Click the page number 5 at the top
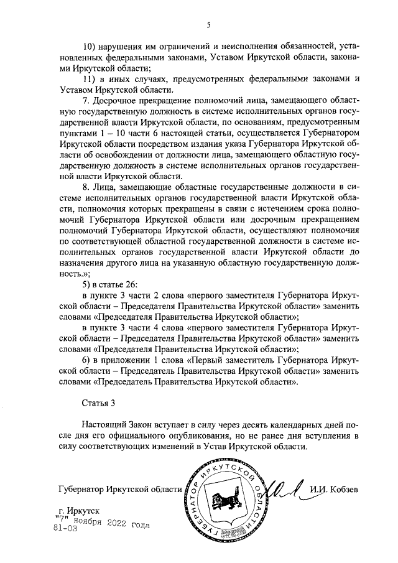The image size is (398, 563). [x=208, y=24]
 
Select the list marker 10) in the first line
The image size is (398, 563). [x=90, y=45]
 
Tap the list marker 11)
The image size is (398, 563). [x=90, y=79]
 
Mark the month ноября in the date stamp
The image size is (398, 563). [x=94, y=521]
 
